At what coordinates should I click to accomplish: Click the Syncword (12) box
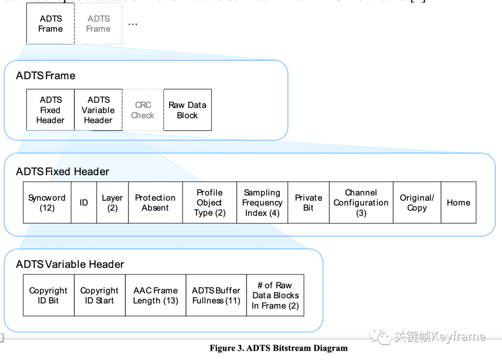coord(47,203)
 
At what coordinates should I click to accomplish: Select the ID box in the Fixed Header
coord(84,203)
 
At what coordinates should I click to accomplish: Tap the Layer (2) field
coord(112,203)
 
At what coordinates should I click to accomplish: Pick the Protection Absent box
coord(155,203)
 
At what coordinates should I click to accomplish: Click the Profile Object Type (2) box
coord(209,203)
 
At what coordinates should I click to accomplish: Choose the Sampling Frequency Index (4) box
coord(262,203)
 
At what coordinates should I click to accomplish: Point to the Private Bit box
coord(308,203)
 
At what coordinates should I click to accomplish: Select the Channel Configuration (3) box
coord(361,203)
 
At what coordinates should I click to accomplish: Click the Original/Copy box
coord(417,203)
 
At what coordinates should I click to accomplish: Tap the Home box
coord(458,203)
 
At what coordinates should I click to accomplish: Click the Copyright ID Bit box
coord(48,295)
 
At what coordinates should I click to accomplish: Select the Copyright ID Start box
coord(99,295)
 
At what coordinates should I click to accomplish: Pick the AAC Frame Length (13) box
coord(156,295)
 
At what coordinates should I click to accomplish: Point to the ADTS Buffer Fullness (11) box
coord(216,295)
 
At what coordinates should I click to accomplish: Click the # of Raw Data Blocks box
coord(275,295)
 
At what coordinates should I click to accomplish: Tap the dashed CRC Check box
coord(143,110)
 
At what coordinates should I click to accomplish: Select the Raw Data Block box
coord(187,110)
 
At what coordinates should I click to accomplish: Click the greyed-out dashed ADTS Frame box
coord(99,24)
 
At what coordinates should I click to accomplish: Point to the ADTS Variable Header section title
coord(70,264)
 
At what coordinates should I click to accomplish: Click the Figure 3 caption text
coord(278,348)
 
